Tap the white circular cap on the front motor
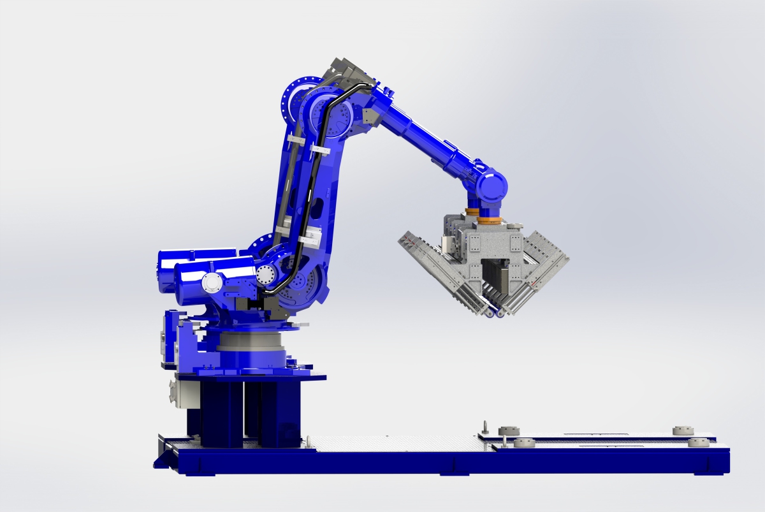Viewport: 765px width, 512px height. point(210,282)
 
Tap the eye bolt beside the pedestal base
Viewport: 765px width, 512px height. point(486,426)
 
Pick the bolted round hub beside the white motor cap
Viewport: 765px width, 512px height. point(265,275)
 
